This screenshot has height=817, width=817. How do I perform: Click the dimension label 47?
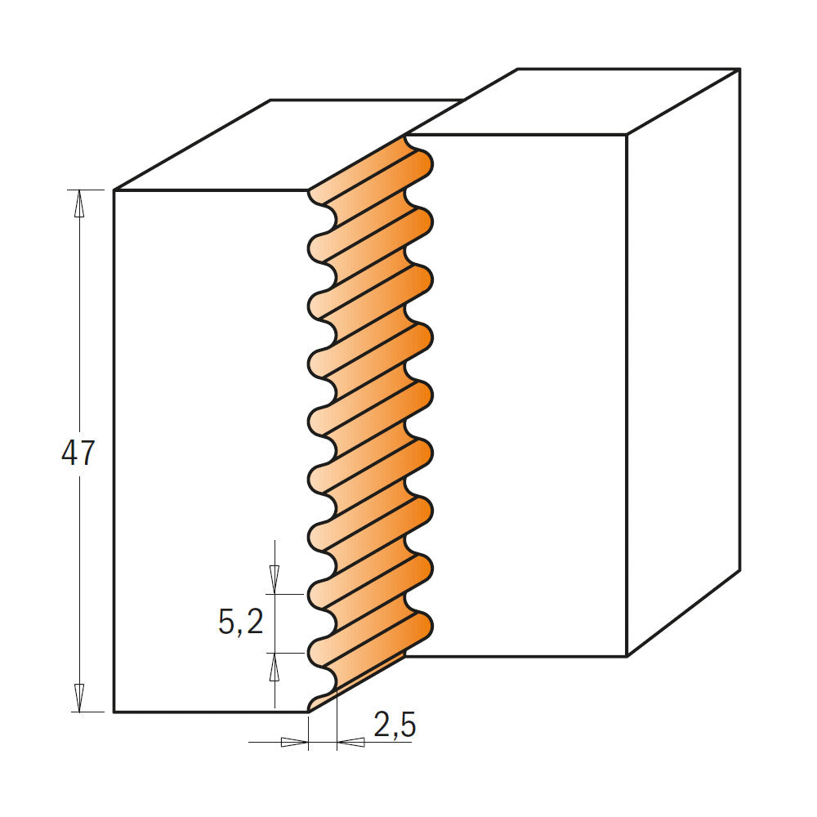(78, 454)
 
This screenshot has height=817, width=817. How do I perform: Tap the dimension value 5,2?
(241, 623)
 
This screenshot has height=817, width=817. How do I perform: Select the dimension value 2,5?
(395, 725)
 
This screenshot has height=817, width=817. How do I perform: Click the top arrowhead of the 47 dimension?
(79, 202)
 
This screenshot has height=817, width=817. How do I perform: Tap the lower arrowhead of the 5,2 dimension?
(275, 666)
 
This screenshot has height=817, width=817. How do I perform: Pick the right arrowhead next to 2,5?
(351, 742)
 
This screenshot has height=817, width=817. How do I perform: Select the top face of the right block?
(572, 102)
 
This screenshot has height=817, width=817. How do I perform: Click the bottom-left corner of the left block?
(114, 712)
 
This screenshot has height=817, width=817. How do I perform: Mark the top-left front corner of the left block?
(114, 190)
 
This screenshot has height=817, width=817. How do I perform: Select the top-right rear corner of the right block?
(739, 69)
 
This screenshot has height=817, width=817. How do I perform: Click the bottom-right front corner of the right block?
(627, 656)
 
